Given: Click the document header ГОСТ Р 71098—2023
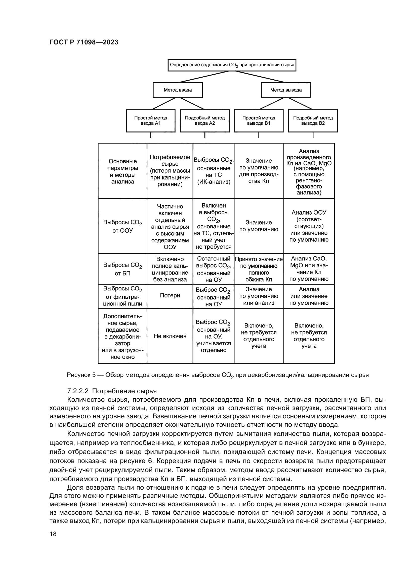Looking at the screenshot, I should (x=84, y=42).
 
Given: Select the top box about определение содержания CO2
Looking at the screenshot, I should (x=232, y=65).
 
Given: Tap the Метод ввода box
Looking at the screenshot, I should (x=178, y=90).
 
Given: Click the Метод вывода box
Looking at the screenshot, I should (x=286, y=90).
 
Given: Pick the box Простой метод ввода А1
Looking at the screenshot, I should (x=151, y=121).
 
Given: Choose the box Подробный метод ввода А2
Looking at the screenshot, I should (x=205, y=121).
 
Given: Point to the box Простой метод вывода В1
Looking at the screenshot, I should (x=259, y=121).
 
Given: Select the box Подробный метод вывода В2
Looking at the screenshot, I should (x=313, y=121).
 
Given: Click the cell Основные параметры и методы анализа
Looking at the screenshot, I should (x=122, y=171).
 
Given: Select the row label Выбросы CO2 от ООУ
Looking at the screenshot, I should (x=122, y=226).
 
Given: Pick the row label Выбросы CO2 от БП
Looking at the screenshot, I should (x=122, y=269).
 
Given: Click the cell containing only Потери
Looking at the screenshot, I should (x=170, y=296).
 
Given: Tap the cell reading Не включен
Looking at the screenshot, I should (x=170, y=336).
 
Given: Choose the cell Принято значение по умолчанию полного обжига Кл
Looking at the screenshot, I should (x=259, y=269).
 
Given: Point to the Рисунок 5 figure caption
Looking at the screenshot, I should (x=218, y=375).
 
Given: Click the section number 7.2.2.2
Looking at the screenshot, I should (x=78, y=391).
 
